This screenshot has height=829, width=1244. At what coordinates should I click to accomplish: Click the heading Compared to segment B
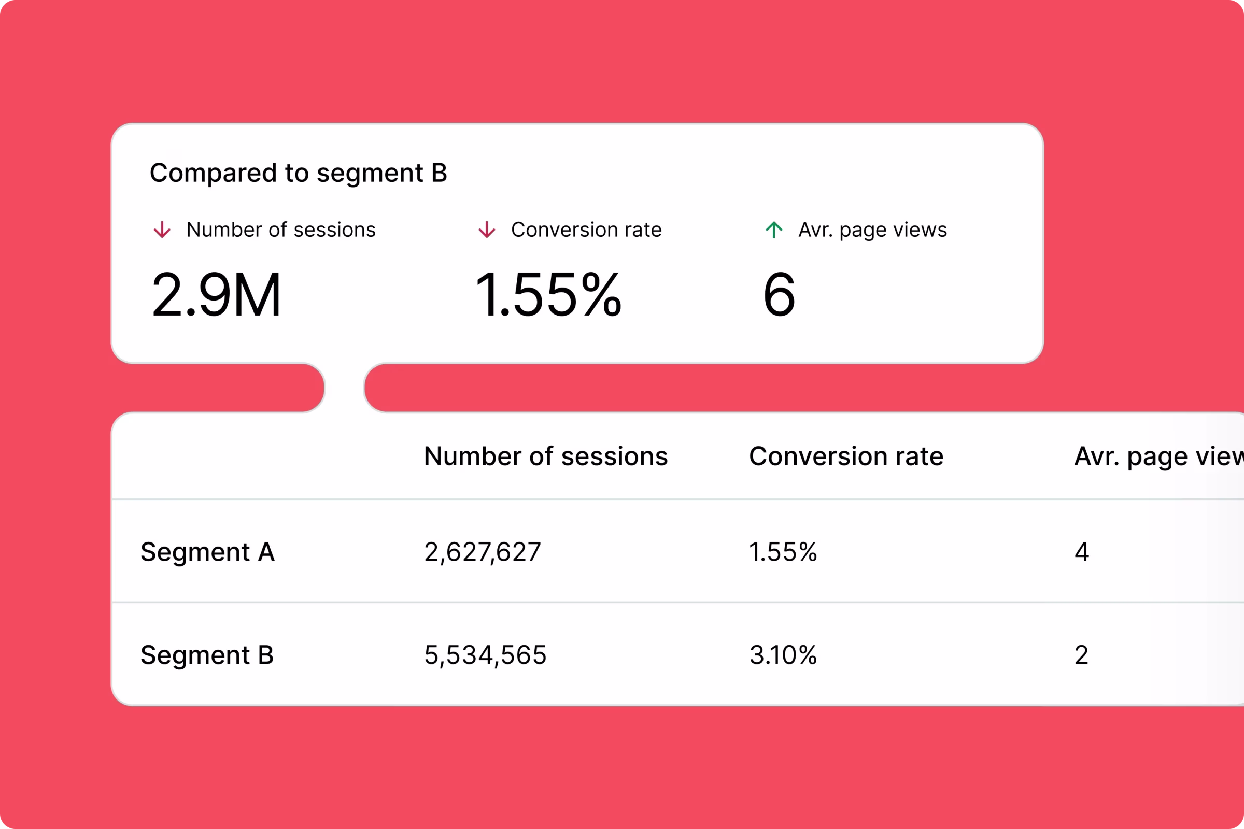click(299, 174)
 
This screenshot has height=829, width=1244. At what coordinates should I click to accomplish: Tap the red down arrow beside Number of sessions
click(162, 230)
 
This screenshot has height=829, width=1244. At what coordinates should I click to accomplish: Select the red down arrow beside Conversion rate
click(487, 230)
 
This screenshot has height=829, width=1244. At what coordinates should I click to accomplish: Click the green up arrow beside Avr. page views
click(774, 230)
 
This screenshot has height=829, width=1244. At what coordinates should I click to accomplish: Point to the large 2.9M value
click(216, 294)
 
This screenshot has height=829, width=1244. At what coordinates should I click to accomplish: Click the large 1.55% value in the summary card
click(548, 294)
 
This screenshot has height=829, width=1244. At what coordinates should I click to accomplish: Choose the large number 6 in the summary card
click(779, 294)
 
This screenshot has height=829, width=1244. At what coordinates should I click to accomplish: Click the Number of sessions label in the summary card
click(281, 230)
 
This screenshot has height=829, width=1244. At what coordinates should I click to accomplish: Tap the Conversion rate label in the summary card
click(586, 230)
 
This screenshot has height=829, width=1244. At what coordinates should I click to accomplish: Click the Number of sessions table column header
click(546, 456)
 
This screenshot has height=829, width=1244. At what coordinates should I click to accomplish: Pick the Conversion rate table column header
click(846, 456)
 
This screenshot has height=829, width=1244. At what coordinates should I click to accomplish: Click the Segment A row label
click(207, 552)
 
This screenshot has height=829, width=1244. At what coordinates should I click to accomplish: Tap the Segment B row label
click(207, 655)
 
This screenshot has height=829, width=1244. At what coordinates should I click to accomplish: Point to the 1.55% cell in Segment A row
click(783, 552)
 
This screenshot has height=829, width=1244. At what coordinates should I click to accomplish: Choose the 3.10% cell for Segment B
click(783, 655)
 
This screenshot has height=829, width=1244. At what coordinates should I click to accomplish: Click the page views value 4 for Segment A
click(1082, 552)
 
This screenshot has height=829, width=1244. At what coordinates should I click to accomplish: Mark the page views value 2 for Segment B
click(1082, 655)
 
